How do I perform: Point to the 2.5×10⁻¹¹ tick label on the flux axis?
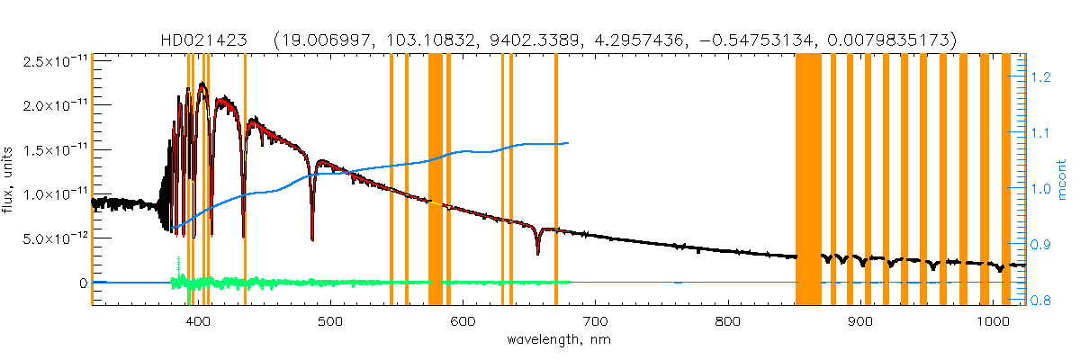tap(52, 61)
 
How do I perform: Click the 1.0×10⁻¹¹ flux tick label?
tap(52, 193)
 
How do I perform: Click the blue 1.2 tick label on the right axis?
tap(1030, 78)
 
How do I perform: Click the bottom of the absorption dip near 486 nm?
tap(312, 239)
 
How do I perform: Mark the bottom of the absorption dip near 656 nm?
tap(537, 254)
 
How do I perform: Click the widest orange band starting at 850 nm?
tap(808, 180)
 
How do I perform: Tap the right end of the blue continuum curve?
tap(568, 142)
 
